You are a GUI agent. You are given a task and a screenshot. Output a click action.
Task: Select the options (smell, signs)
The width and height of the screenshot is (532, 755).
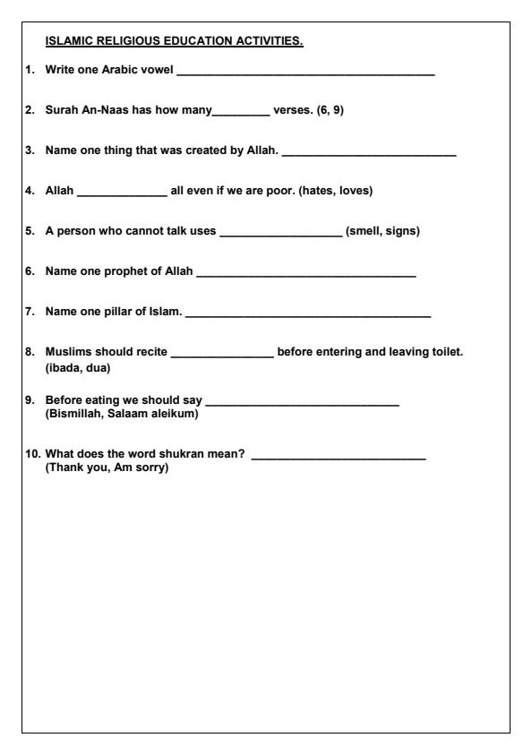tap(382, 231)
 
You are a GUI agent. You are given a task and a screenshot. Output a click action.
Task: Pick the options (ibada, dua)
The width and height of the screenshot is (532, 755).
tap(78, 367)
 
